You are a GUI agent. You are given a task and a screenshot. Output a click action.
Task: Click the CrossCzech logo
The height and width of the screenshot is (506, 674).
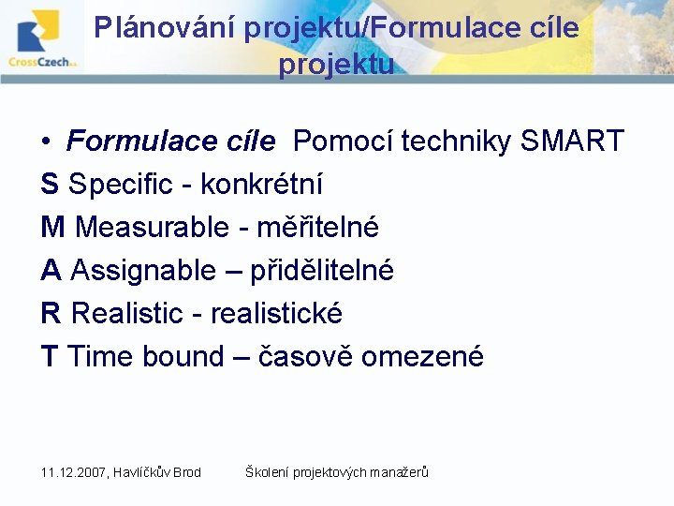click(x=42, y=40)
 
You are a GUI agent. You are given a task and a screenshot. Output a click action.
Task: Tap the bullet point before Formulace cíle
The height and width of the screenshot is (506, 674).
click(x=46, y=142)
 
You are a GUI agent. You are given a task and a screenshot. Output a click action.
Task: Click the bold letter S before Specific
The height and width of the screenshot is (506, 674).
click(x=50, y=185)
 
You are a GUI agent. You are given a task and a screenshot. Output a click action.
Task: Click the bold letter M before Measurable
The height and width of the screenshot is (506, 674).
click(x=53, y=228)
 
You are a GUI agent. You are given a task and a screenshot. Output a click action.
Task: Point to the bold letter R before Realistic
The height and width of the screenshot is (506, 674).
click(x=51, y=314)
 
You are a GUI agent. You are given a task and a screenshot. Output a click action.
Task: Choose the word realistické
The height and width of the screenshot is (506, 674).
click(x=276, y=314)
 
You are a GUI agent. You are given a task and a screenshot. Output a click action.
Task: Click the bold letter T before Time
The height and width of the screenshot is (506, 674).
click(x=50, y=357)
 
